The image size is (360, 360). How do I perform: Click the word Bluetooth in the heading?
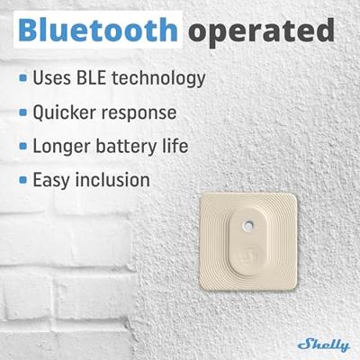(96, 30)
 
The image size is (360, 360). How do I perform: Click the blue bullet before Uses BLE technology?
(22, 78)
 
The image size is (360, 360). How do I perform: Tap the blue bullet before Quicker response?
(22, 114)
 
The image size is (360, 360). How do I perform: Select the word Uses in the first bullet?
(53, 77)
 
